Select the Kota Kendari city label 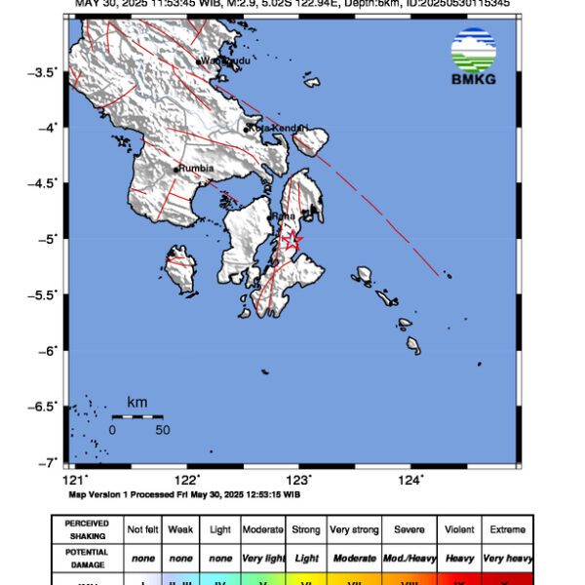278,128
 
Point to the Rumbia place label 194,169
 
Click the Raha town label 284,215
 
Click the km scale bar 136,416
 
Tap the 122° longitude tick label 187,479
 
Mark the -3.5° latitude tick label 45,71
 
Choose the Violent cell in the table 459,529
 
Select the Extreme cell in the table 506,529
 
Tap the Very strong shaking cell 354,529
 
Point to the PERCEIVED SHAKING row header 87,529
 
